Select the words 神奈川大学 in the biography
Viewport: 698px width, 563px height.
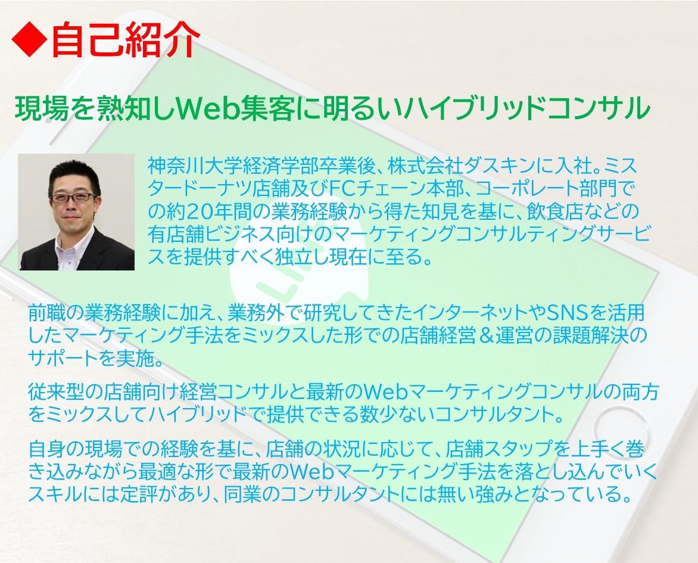coord(195,165)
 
